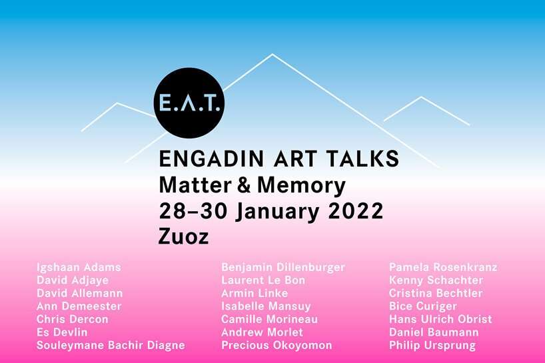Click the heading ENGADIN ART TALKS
coord(279,159)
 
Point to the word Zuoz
coord(185,236)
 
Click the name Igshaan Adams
coord(79,268)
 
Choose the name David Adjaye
coord(73,280)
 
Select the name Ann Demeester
coord(80,306)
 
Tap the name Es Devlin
coord(62,332)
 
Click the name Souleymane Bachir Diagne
coord(111,346)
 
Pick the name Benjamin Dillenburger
coord(283,268)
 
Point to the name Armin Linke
coord(255,294)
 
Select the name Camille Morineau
coord(269,320)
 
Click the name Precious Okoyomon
coord(276,346)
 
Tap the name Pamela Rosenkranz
coord(443,268)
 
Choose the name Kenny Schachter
coord(436,280)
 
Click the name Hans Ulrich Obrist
coord(440,320)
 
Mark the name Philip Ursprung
coord(432,346)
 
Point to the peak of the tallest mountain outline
coord(272,54)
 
